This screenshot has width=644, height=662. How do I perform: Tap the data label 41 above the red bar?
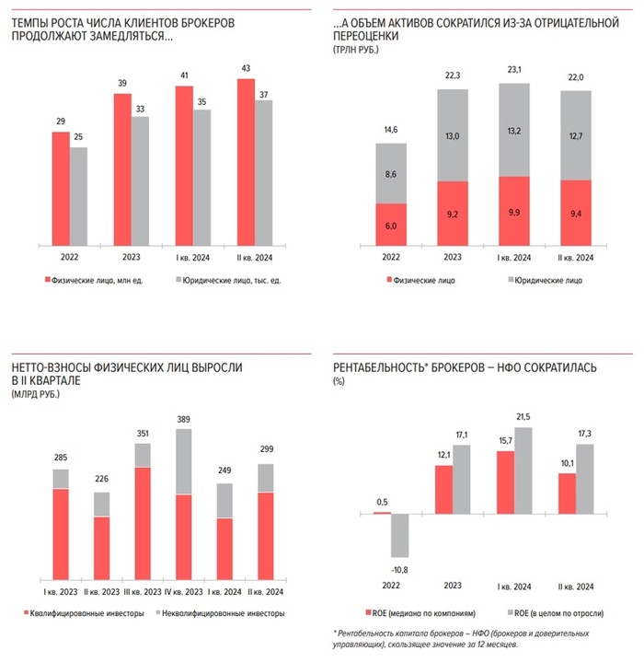[x=185, y=75]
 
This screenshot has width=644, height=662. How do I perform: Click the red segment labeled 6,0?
[x=391, y=226]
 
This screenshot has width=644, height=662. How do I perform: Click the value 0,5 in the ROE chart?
[x=381, y=502]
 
